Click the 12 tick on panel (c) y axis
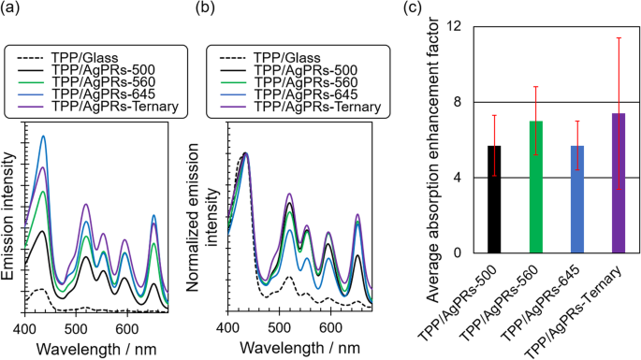454,26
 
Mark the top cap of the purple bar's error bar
619,37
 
